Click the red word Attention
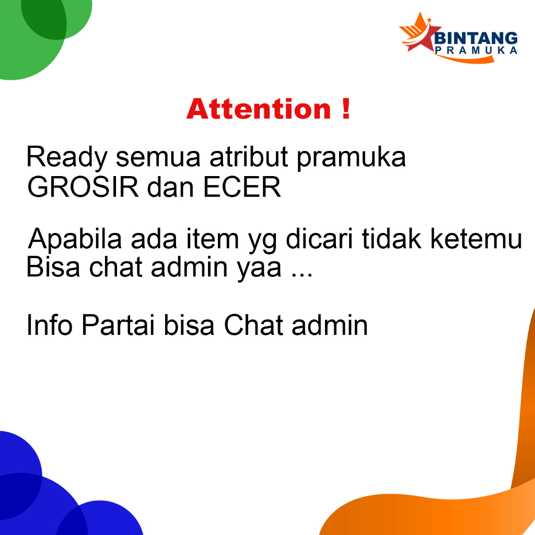tap(259, 109)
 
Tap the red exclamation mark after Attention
tap(346, 109)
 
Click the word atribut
tap(249, 157)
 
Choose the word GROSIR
tap(83, 188)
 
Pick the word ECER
tap(242, 188)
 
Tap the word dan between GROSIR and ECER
tap(171, 188)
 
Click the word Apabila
tap(75, 239)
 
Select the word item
tap(212, 239)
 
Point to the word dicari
tap(319, 238)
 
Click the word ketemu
tap(476, 238)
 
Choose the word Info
tap(50, 325)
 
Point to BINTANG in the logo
tap(476, 38)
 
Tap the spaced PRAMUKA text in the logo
tap(476, 51)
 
